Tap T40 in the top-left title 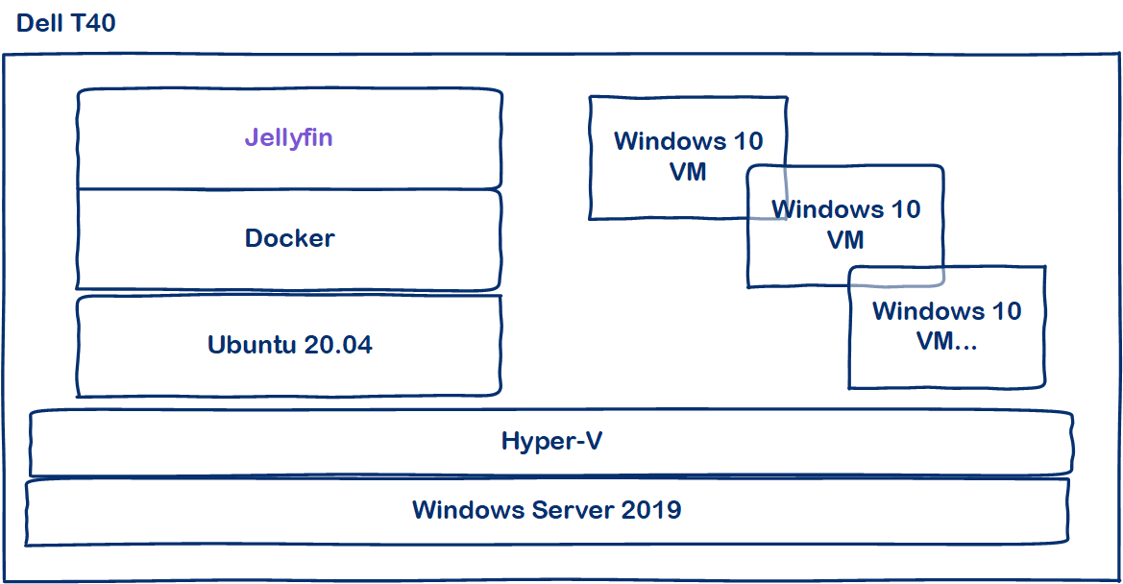[x=92, y=23]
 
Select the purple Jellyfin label [x=288, y=137]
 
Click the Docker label [x=289, y=238]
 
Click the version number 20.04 [x=337, y=345]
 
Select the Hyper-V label [x=551, y=442]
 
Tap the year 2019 [x=651, y=509]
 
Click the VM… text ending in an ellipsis [x=946, y=341]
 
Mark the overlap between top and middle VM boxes [x=768, y=192]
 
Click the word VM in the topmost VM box [x=688, y=171]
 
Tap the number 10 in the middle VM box [x=905, y=209]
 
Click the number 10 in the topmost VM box [x=747, y=141]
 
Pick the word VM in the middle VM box [x=845, y=239]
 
